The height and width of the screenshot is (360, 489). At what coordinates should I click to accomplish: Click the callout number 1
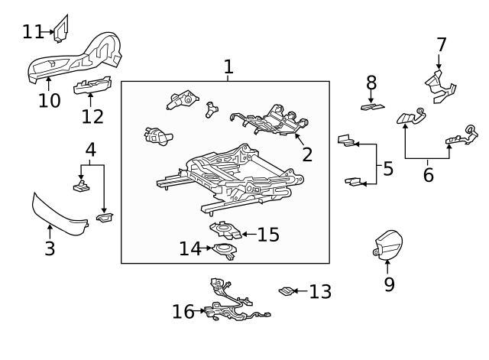(x=228, y=67)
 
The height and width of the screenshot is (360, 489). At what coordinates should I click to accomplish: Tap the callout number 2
(x=307, y=155)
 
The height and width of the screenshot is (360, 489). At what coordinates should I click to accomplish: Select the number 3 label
(x=50, y=248)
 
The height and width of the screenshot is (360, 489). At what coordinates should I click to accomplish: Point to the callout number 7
(x=442, y=45)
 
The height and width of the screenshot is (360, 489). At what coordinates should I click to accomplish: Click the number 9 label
(x=389, y=284)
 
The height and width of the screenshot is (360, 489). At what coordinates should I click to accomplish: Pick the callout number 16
(x=183, y=311)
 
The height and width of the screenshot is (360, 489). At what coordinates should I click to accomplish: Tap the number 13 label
(x=321, y=291)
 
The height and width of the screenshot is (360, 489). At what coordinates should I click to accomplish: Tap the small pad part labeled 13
(x=286, y=290)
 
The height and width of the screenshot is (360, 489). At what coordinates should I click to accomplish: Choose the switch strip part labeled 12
(x=92, y=86)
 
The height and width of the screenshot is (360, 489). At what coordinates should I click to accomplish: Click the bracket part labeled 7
(x=439, y=85)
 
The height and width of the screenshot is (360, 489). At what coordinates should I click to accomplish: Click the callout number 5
(x=388, y=168)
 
